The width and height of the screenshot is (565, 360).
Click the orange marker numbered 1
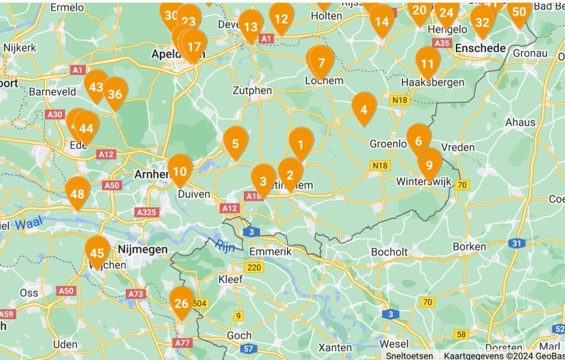[300, 143]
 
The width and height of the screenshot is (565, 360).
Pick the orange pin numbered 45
[98, 252]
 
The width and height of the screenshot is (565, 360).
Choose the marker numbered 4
[364, 108]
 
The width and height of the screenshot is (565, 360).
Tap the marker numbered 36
[116, 93]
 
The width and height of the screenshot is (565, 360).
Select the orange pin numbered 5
[236, 142]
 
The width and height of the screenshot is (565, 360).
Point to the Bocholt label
[390, 252]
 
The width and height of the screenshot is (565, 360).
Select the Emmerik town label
[270, 252]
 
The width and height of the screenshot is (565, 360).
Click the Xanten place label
[335, 348]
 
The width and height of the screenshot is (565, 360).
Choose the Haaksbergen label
[427, 83]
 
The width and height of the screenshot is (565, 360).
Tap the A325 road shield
[146, 212]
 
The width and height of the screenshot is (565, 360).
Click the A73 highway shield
[135, 294]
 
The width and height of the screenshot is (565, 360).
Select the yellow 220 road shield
[254, 268]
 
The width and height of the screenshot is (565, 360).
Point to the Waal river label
[28, 224]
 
